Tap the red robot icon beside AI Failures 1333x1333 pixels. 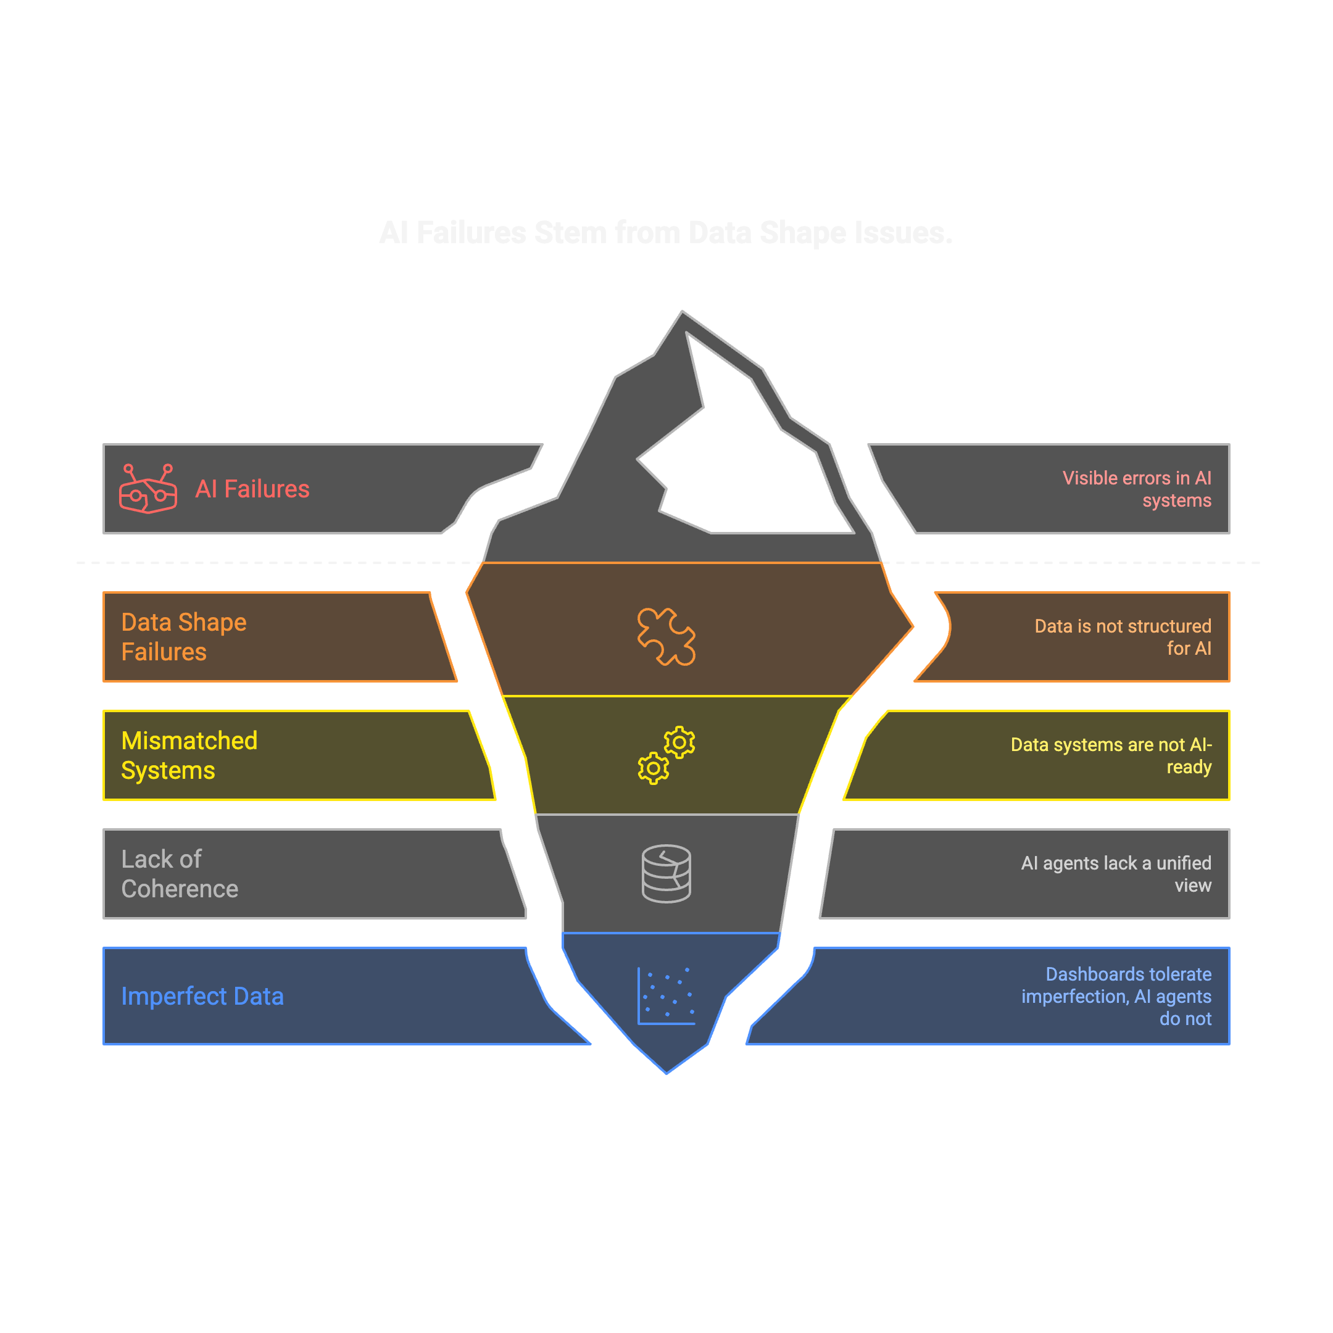[x=147, y=489]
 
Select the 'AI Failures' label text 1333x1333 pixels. [x=252, y=489]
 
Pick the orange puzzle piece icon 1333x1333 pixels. [x=666, y=636]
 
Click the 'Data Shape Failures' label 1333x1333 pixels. [x=183, y=636]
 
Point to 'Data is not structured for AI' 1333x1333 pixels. [x=1122, y=636]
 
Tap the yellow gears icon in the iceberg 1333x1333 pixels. [x=666, y=755]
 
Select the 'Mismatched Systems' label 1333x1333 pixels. [x=189, y=755]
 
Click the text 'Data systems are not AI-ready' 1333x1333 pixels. [x=1111, y=755]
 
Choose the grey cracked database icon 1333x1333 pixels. [x=666, y=873]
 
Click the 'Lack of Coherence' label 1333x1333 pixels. [x=180, y=873]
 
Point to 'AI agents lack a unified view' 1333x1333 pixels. [x=1116, y=873]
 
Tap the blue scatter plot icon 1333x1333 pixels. [x=666, y=995]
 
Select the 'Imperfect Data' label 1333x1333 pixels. [x=202, y=995]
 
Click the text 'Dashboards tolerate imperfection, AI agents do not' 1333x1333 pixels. [x=1116, y=995]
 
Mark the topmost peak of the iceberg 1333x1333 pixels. [x=683, y=312]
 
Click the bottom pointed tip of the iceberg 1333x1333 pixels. [x=666, y=1072]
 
